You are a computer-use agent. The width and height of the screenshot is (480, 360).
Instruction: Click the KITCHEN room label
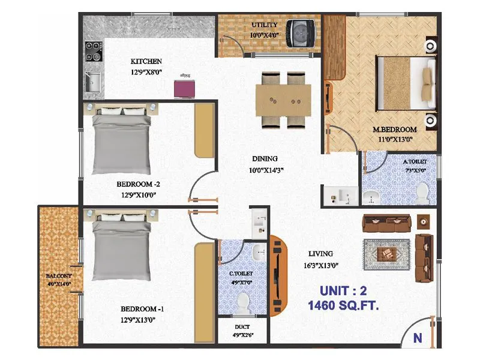(146, 61)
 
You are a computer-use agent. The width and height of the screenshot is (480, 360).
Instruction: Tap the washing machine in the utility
(298, 32)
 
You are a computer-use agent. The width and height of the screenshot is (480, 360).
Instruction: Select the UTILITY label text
(263, 25)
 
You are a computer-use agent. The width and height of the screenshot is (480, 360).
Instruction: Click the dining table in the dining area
(283, 100)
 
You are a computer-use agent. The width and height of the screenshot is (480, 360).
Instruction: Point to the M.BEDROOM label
(394, 130)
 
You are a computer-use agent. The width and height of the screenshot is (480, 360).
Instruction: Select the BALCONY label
(58, 277)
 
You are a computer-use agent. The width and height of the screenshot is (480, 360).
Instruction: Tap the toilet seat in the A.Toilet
(422, 192)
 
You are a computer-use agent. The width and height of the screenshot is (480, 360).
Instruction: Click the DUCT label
(243, 328)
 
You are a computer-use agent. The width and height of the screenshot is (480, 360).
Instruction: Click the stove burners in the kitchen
(93, 52)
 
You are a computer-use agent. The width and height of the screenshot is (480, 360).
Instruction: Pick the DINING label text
(265, 159)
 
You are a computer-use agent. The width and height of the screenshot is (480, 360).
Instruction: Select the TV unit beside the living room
(277, 274)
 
